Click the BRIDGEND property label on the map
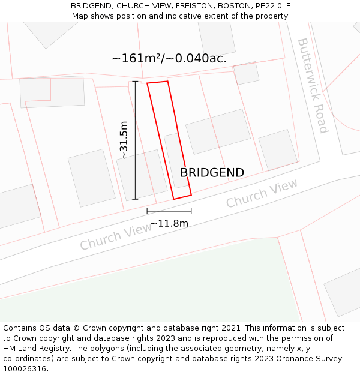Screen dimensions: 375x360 pyautogui.click(x=212, y=173)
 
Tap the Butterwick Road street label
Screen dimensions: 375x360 pyautogui.click(x=313, y=85)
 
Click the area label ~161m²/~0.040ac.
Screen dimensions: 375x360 pyautogui.click(x=169, y=58)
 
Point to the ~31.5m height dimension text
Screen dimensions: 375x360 pyautogui.click(x=123, y=140)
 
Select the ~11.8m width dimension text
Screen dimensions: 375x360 pyautogui.click(x=169, y=224)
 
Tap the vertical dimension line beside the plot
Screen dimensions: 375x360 pyautogui.click(x=135, y=140)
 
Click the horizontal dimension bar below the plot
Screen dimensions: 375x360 pyautogui.click(x=169, y=211)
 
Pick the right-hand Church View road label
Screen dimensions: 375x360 pyautogui.click(x=262, y=194)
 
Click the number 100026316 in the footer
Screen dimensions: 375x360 pyautogui.click(x=25, y=369)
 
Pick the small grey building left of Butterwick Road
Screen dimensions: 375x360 pyautogui.click(x=246, y=73)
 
